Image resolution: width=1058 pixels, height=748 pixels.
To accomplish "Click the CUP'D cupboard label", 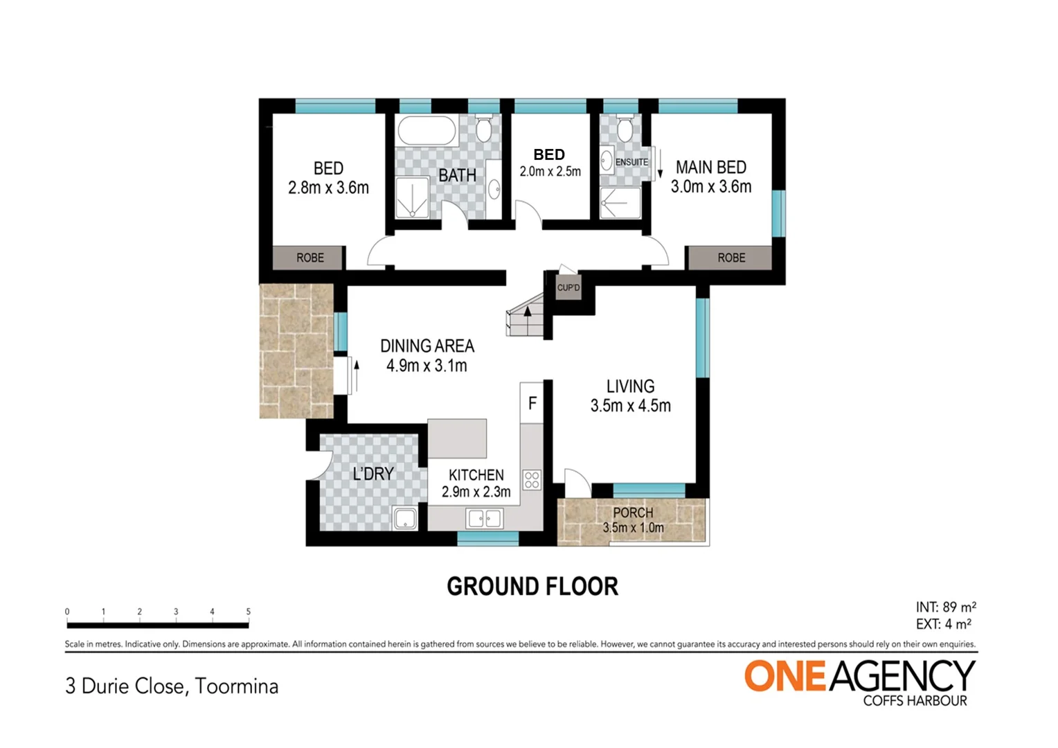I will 568,287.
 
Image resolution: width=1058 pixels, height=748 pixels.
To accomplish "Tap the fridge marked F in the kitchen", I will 532,403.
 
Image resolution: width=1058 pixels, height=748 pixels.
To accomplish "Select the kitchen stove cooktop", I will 532,479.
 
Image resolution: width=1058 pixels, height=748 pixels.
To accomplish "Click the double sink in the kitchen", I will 484,518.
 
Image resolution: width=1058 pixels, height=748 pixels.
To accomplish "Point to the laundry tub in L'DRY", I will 404,518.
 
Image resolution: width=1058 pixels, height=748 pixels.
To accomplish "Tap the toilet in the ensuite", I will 625,129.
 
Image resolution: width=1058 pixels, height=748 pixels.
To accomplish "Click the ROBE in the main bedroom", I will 730,258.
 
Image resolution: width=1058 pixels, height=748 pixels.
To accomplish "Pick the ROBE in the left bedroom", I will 310,258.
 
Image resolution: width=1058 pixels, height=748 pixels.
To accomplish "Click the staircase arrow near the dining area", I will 528,313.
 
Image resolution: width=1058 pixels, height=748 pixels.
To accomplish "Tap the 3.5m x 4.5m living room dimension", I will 630,406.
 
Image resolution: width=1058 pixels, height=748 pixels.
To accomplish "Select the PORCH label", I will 633,513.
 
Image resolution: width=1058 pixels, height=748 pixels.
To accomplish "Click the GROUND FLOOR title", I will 532,587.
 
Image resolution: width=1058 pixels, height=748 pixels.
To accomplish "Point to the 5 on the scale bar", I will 248,612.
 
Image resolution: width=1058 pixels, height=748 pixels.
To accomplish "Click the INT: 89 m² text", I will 945,607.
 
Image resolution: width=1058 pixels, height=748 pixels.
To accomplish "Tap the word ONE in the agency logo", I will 784,676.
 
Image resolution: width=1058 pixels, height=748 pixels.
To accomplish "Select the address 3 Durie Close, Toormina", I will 172,686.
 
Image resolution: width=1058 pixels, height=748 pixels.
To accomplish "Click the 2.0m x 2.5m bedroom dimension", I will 550,172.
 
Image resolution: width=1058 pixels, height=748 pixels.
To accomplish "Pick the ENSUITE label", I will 631,162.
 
